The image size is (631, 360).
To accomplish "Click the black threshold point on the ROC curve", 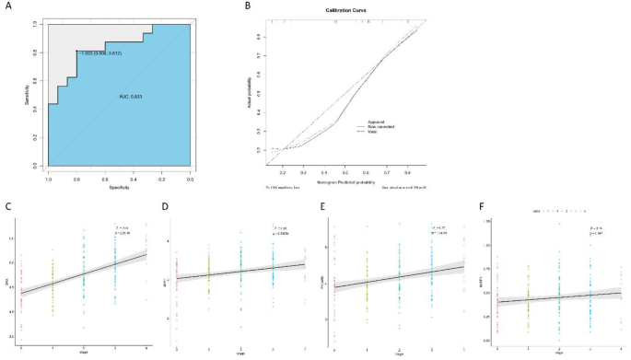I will (x=76, y=52).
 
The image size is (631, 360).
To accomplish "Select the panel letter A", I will (x=9, y=6).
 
